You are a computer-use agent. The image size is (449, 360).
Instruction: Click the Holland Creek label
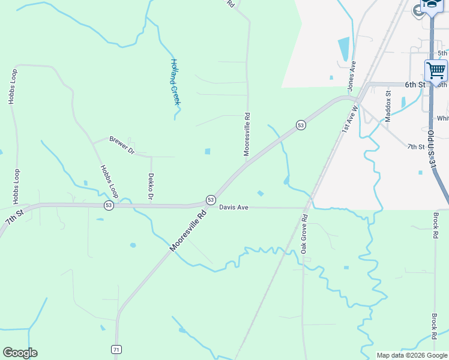pos(175,82)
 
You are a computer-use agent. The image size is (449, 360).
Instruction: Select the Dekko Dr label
pos(151,187)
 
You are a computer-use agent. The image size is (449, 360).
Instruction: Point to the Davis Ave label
pos(234,208)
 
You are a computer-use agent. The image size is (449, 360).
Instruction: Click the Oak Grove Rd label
pos(304,233)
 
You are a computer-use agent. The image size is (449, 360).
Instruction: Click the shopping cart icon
pos(436,70)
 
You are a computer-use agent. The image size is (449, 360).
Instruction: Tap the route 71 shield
pos(116,349)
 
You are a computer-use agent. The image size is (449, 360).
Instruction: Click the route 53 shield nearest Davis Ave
pos(211,199)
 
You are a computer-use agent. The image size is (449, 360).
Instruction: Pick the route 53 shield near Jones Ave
pos(301,125)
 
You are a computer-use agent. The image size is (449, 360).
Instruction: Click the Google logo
pos(20,353)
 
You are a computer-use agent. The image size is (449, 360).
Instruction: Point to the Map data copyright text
pos(412,355)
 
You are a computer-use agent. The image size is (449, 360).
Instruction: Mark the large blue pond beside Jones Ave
pos(343,49)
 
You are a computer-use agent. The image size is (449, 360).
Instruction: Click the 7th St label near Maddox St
pos(415,146)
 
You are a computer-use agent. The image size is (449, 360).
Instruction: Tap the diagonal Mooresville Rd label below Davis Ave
pos(188,230)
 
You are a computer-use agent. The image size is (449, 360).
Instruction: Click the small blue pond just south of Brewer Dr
pos(208,151)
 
